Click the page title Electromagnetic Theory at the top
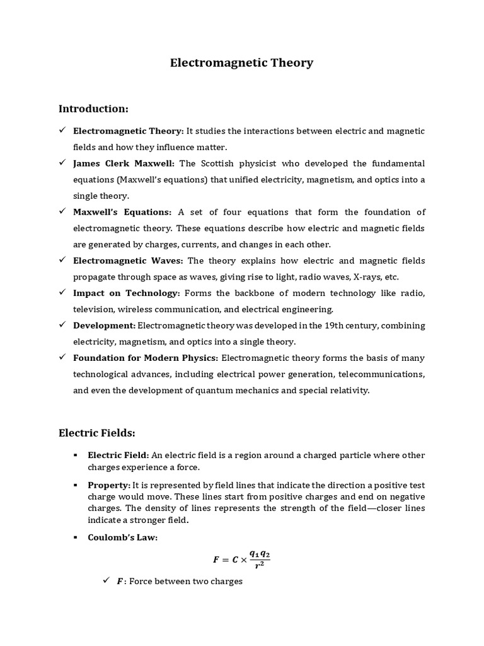242,63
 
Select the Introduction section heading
93,109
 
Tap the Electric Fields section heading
97,433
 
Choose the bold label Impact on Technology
127,293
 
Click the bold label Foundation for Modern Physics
146,358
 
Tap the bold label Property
109,485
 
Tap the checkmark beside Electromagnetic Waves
62,261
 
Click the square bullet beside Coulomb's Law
75,537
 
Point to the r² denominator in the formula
259,566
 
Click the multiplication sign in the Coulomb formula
243,560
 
